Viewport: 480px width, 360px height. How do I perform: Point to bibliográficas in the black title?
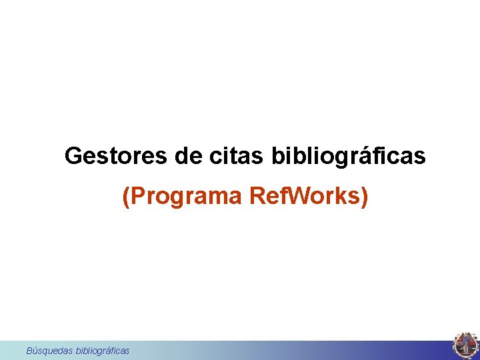pyautogui.click(x=349, y=156)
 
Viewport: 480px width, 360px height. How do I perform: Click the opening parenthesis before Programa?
pyautogui.click(x=127, y=197)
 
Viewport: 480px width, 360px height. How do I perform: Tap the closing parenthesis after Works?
pyautogui.click(x=363, y=197)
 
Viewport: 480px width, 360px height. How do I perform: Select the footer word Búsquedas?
pyautogui.click(x=50, y=350)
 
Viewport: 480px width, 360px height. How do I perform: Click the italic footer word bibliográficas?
pyautogui.click(x=103, y=350)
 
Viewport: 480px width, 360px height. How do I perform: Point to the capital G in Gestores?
pyautogui.click(x=73, y=156)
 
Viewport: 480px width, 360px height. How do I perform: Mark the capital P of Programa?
pyautogui.click(x=138, y=197)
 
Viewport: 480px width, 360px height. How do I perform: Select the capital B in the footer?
pyautogui.click(x=29, y=350)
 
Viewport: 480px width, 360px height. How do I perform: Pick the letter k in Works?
pyautogui.click(x=341, y=197)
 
